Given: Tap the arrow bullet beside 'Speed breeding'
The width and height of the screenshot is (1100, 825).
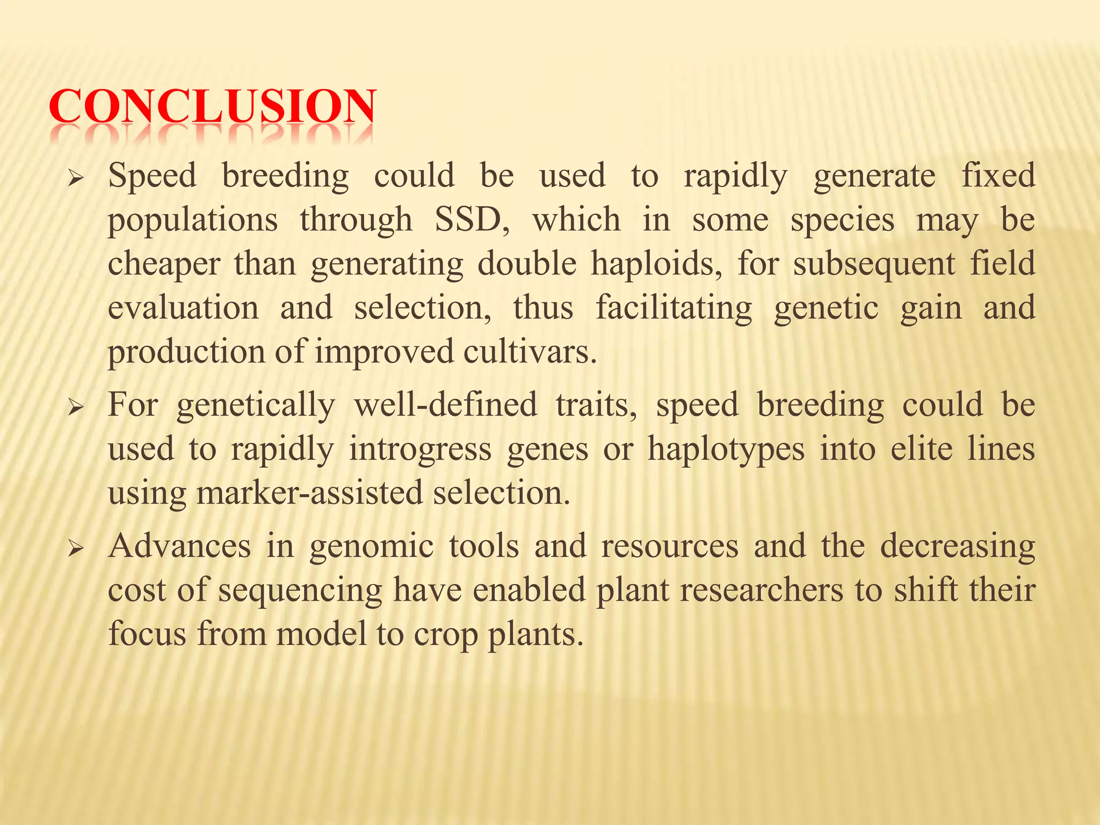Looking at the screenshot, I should pyautogui.click(x=76, y=177).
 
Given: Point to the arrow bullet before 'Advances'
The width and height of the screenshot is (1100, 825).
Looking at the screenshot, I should pyautogui.click(x=76, y=548).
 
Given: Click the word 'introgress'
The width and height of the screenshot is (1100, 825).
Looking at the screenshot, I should pyautogui.click(x=420, y=449).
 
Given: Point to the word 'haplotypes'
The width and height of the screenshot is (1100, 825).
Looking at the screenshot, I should pyautogui.click(x=726, y=449).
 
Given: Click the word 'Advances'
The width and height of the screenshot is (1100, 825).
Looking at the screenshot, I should pyautogui.click(x=179, y=546).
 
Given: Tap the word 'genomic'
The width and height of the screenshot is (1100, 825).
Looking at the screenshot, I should pyautogui.click(x=371, y=547).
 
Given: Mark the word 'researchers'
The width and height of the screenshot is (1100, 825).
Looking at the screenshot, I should pyautogui.click(x=761, y=590).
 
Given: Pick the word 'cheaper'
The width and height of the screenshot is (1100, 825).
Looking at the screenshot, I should pyautogui.click(x=164, y=265).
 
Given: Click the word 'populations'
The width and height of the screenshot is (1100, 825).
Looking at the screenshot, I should pyautogui.click(x=193, y=221).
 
